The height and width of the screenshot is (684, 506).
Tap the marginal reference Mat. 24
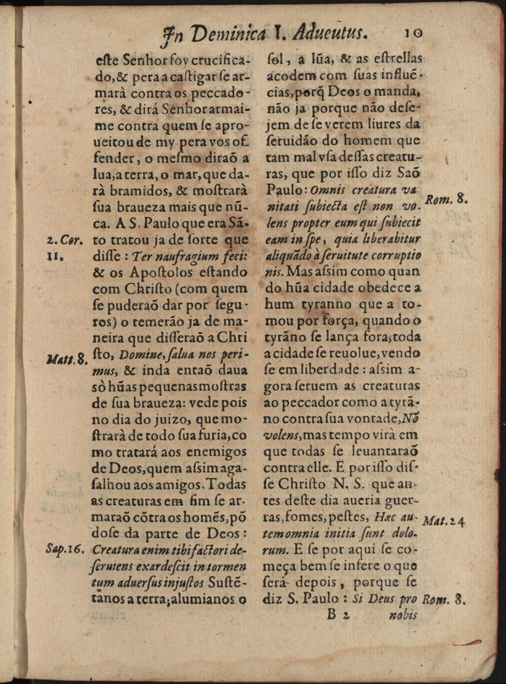click(445, 519)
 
